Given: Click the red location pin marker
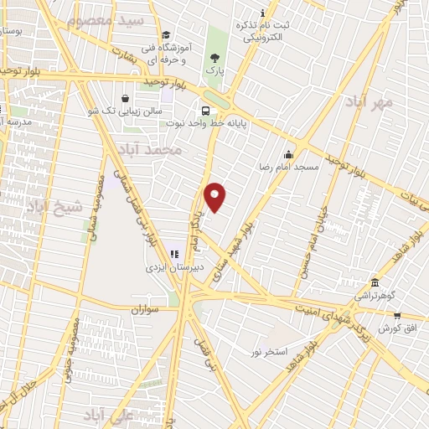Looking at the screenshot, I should [x=215, y=197].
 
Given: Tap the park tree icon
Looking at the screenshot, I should [x=216, y=58].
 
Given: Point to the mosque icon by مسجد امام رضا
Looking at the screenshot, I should [x=289, y=154].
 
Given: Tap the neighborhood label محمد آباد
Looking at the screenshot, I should [x=150, y=149].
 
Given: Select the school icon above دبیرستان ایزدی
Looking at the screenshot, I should [x=174, y=254].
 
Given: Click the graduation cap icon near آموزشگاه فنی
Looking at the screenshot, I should [x=166, y=35].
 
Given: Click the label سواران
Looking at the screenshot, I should [x=144, y=308].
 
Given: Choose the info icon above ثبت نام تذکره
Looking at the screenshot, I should [x=263, y=12].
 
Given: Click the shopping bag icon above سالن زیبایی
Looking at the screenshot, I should [x=125, y=97].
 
